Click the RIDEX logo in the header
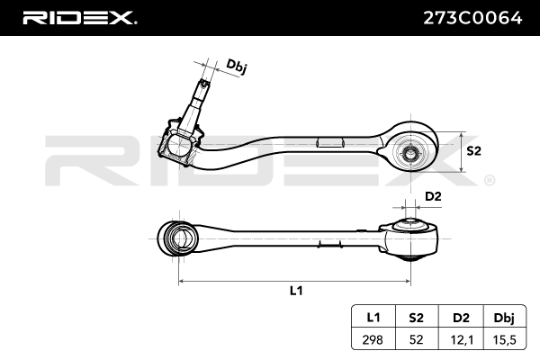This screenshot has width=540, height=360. pyautogui.click(x=79, y=17)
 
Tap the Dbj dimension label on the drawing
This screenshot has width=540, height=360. pyautogui.click(x=237, y=66)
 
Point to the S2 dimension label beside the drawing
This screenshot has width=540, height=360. pyautogui.click(x=474, y=151)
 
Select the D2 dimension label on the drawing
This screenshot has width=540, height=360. pyautogui.click(x=433, y=196)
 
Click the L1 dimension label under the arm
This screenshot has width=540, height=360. pyautogui.click(x=295, y=292)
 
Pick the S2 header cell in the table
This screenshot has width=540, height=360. pyautogui.click(x=416, y=316)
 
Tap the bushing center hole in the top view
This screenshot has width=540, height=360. pyautogui.click(x=410, y=152)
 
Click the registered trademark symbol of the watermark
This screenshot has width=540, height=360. pyautogui.click(x=489, y=181)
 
